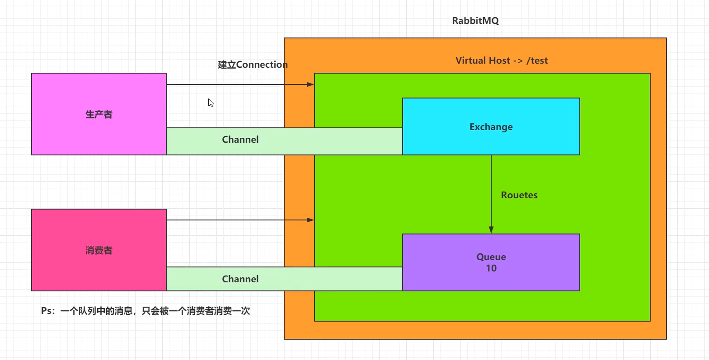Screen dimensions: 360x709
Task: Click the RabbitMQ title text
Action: coord(475,21)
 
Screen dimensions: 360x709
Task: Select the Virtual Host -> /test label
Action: coord(501,61)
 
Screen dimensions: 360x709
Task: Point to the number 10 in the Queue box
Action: coord(491,268)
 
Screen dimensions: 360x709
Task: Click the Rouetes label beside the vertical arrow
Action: coord(519,195)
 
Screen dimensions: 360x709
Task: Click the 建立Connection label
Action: coord(253,65)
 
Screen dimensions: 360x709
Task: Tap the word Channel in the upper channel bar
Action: coord(240,140)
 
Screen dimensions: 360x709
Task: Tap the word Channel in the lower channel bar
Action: coord(240,279)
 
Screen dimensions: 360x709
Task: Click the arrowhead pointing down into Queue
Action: coord(491,230)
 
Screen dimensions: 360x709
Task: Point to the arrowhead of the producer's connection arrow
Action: coord(310,84)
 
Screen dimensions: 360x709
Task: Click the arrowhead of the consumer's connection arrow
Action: coord(310,220)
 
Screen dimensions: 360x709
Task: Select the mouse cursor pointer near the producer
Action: coord(211,103)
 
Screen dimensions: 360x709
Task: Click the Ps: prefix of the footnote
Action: coord(47,311)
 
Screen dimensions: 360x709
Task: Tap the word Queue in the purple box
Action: coord(491,257)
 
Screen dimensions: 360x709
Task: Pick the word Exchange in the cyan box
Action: coord(491,127)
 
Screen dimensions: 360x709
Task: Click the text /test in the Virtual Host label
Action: coord(537,61)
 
